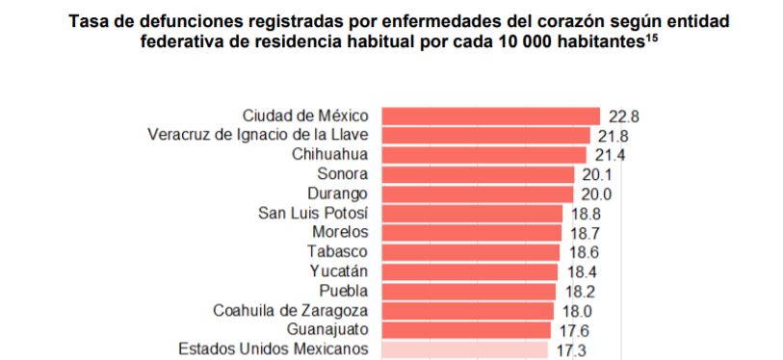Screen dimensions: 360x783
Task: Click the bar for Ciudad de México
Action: [490, 116]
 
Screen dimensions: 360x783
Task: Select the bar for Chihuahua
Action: [483, 155]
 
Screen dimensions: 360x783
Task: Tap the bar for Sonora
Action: [478, 174]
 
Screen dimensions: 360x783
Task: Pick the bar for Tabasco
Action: [471, 252]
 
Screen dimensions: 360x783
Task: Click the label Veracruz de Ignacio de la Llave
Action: [257, 135]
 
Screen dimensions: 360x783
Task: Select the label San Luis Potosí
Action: [314, 213]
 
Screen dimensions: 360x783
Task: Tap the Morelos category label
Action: [340, 232]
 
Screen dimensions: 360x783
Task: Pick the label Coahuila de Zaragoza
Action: [290, 311]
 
